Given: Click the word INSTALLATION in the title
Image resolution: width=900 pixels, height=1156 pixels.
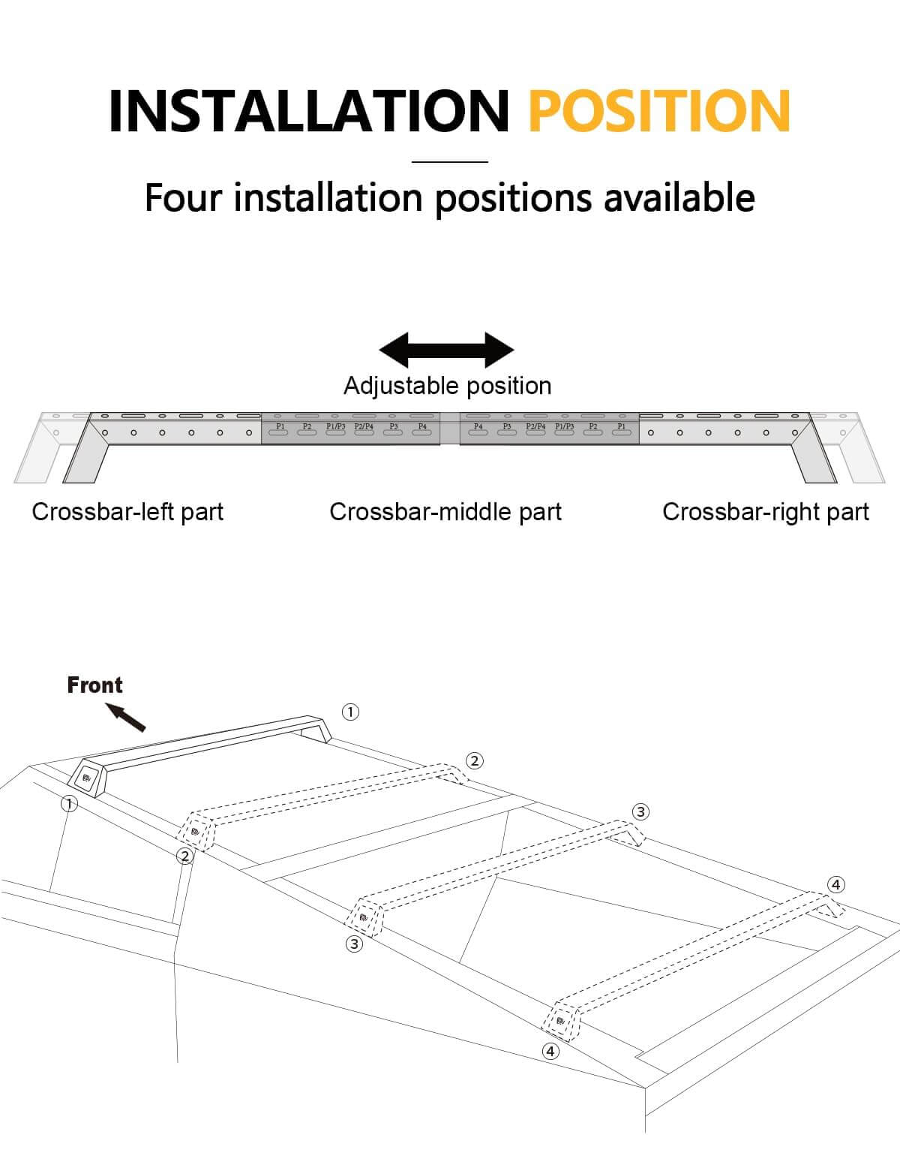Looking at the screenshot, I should pos(308,112).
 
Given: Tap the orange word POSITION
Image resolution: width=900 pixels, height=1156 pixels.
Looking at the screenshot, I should pos(659,112).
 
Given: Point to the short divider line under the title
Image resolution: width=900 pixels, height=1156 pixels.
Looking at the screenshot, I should pos(450,161).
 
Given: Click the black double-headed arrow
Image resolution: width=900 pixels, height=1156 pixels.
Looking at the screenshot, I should pos(447,350).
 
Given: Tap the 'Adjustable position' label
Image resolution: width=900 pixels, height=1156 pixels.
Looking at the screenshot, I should pos(447,386).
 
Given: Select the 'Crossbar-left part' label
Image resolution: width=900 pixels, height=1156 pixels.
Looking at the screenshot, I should pos(127,512).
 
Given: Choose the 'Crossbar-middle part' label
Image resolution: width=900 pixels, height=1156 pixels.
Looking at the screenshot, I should pos(445,512).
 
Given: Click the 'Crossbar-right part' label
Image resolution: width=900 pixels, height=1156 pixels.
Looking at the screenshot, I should pos(766,512).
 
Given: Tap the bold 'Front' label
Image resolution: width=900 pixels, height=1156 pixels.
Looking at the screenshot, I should pos(94,685).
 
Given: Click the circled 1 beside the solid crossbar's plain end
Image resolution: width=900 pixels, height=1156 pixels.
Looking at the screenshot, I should pos(350,712).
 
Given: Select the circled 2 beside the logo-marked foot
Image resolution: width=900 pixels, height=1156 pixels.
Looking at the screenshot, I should pos(184,856).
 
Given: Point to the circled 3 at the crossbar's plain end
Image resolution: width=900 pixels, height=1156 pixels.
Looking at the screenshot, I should pos(640,811).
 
